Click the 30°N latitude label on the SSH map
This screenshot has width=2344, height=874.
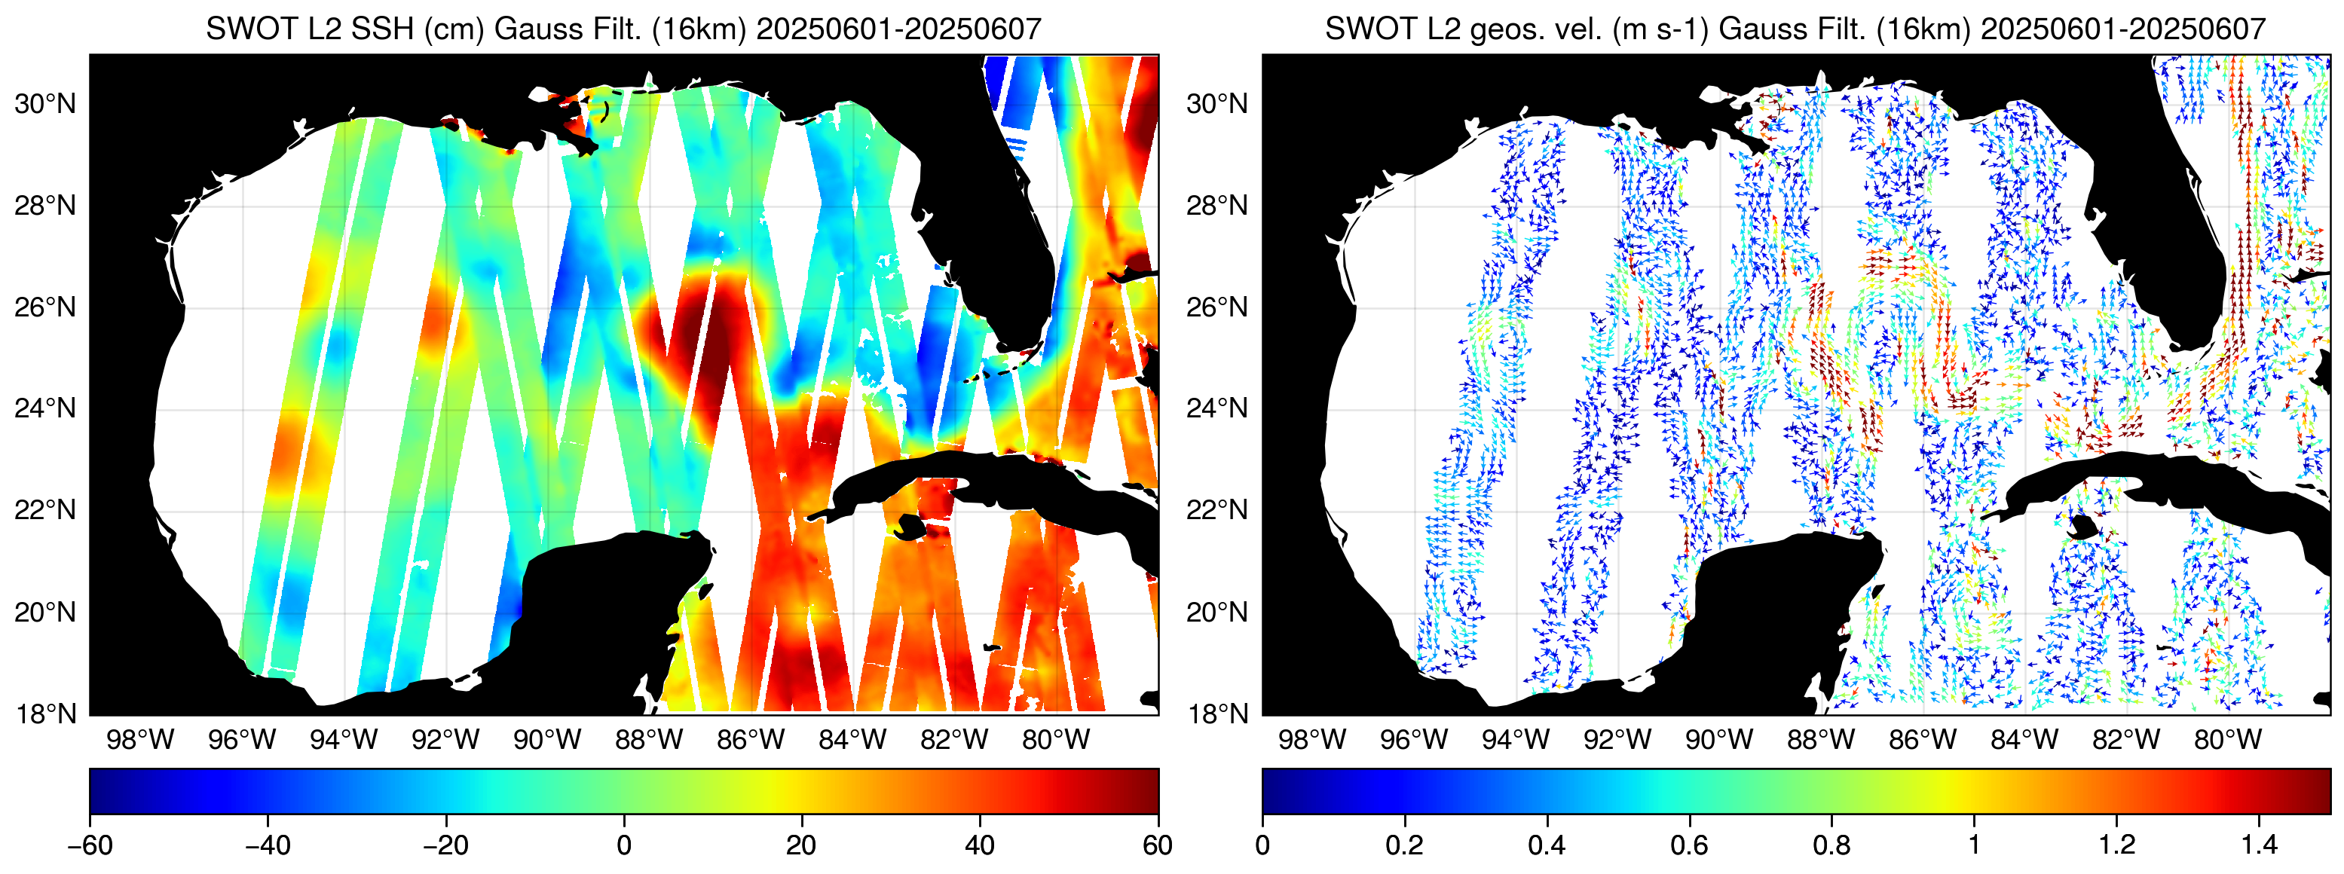45,104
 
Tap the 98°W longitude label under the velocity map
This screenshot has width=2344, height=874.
1311,739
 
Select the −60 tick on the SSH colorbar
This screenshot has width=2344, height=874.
90,845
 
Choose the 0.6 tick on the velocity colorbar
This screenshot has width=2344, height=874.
1689,845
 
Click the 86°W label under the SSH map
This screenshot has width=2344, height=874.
750,739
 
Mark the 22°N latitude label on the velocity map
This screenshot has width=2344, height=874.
1217,510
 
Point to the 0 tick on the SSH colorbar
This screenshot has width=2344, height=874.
624,845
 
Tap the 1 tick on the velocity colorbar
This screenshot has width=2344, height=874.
1974,845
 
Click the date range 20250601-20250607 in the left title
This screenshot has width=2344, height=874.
899,29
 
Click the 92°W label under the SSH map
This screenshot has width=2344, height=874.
445,739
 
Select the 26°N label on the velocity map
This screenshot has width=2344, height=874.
1217,307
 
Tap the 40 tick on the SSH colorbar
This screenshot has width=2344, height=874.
979,845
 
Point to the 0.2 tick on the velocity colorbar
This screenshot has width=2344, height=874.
1404,845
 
